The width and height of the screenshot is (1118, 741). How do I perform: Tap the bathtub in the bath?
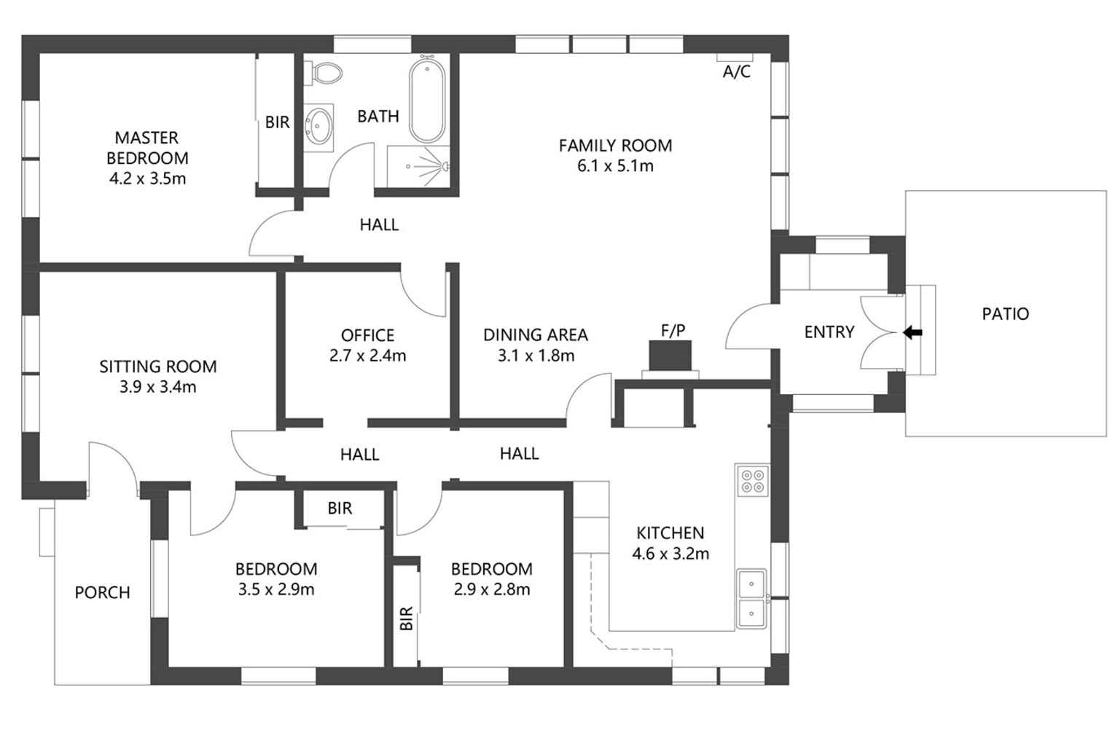[x=427, y=101]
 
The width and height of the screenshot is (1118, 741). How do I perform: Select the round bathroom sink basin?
[x=318, y=125]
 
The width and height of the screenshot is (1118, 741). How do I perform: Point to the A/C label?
[x=736, y=72]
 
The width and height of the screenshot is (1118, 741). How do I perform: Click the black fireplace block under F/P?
[x=670, y=356]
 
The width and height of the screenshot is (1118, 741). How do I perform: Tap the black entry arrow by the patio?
[x=912, y=333]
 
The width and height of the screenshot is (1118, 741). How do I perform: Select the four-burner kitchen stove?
[x=752, y=481]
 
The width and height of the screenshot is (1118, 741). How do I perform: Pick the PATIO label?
[x=1005, y=314]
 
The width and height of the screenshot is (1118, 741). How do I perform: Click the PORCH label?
[x=103, y=593]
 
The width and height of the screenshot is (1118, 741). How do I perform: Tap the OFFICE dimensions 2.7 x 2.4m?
[x=367, y=356]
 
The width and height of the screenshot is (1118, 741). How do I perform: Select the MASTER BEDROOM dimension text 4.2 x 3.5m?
[x=147, y=179]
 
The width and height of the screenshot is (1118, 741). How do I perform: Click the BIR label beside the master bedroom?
[x=277, y=122]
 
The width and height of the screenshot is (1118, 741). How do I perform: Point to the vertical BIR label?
[x=407, y=619]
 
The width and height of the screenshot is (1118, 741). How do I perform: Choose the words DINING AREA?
[x=535, y=335]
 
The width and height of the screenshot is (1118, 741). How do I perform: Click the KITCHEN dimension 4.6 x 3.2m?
[x=670, y=554]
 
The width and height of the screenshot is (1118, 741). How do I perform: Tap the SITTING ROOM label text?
[x=158, y=366]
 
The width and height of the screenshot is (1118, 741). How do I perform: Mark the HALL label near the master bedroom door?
[x=379, y=224]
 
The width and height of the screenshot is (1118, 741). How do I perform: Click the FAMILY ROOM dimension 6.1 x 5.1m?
[x=615, y=166]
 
